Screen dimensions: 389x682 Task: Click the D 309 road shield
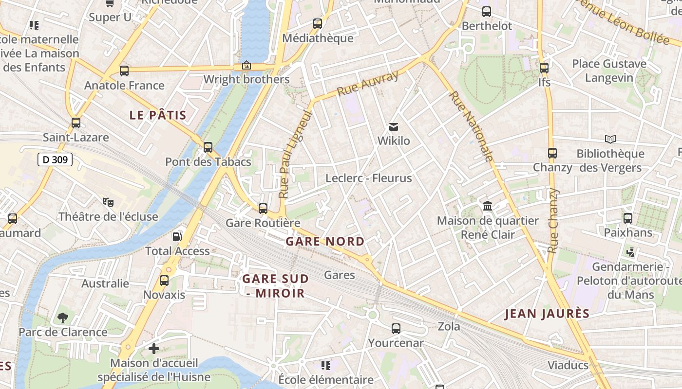[x=55, y=159]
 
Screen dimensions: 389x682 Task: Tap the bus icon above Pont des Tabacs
[x=208, y=147]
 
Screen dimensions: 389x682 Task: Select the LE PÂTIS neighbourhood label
[x=158, y=115]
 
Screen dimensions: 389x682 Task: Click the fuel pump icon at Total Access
[x=177, y=236]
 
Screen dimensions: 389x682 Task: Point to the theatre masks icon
[x=108, y=201]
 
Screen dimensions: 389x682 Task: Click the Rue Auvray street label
[x=368, y=83]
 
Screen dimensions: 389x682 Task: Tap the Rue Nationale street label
[x=471, y=126]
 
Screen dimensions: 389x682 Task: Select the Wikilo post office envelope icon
[x=394, y=127]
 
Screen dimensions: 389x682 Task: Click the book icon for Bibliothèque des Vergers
[x=610, y=139]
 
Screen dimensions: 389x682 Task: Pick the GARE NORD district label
[x=325, y=242]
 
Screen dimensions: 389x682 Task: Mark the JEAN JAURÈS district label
[x=547, y=314]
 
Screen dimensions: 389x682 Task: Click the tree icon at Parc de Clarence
[x=63, y=318]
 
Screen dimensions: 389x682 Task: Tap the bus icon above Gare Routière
[x=263, y=209]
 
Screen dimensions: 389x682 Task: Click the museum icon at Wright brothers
[x=246, y=65]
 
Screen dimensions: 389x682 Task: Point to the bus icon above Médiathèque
[x=318, y=23]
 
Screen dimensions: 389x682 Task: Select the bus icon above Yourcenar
[x=396, y=329]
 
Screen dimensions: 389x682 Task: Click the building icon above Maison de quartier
[x=488, y=206]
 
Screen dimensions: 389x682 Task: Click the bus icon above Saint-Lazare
[x=76, y=123]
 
